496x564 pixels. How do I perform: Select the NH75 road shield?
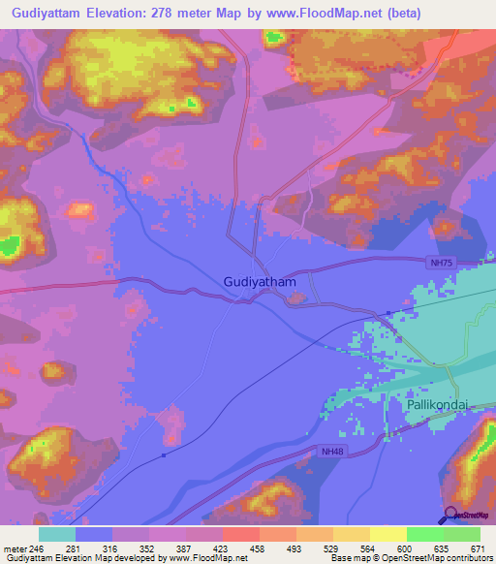coord(441,262)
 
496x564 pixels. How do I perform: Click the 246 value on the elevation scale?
coord(38,549)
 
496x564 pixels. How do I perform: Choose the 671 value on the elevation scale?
coord(476,549)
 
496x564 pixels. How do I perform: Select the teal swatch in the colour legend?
coord(57,534)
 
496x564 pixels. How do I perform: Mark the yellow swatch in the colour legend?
coord(387,534)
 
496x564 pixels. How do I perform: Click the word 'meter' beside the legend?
coord(14,549)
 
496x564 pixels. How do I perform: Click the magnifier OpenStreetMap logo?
coord(451,516)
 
